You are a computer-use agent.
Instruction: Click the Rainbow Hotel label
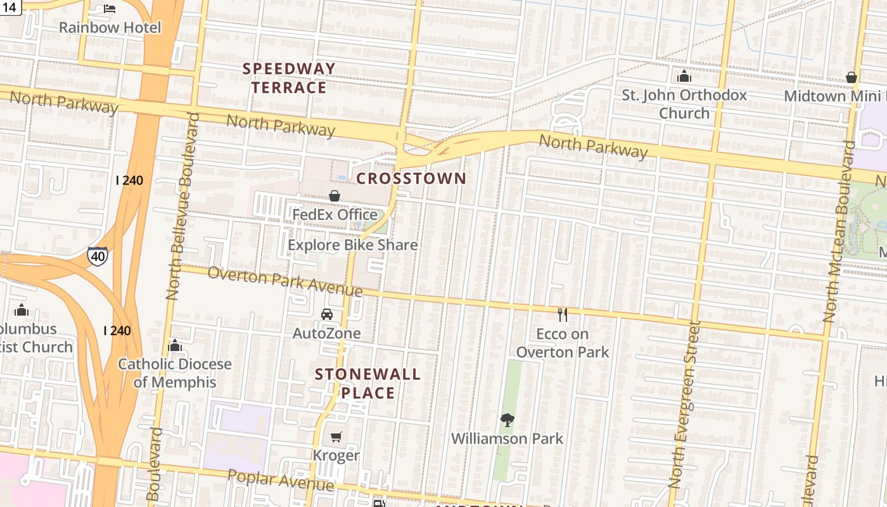tap(110, 27)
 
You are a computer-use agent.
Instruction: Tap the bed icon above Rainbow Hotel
tap(110, 9)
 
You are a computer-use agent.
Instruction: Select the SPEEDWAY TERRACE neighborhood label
tap(289, 78)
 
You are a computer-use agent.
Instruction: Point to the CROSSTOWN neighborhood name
tap(411, 179)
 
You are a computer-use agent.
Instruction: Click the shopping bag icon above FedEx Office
tap(335, 196)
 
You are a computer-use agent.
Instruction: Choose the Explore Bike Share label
tap(352, 245)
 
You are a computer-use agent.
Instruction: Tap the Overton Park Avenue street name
tap(284, 281)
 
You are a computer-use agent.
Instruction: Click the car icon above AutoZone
tap(327, 314)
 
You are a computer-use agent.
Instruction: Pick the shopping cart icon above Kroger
tap(336, 437)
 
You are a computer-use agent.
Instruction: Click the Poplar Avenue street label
tap(280, 480)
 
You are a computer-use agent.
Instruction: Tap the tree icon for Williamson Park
tap(507, 420)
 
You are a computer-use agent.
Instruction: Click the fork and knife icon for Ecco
tap(562, 314)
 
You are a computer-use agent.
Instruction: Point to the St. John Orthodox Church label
tap(684, 104)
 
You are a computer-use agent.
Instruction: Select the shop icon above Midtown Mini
tap(852, 77)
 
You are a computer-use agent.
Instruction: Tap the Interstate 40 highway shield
tap(97, 256)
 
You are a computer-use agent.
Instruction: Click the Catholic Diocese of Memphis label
tap(175, 373)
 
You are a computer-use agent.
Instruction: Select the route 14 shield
tap(10, 7)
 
